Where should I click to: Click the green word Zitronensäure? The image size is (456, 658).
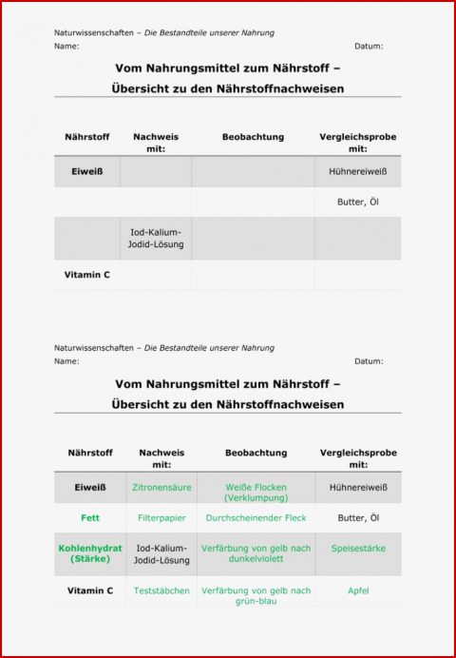coord(161,488)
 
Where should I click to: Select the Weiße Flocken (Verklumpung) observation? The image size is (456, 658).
coord(256,493)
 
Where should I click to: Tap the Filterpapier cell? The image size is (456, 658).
coord(161,518)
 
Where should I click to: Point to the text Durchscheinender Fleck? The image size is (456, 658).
coord(256,518)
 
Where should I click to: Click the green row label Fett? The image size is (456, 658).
coord(90,518)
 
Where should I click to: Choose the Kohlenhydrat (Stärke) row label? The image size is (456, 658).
coord(90,553)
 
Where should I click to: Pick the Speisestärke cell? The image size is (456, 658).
coord(358,549)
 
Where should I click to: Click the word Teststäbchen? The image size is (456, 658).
coord(161,590)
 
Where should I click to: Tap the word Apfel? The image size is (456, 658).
coord(358,590)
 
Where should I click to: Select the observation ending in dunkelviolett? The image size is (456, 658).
coord(256,553)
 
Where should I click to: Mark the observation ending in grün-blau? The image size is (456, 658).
coord(256,595)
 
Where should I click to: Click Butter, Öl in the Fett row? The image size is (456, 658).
coord(358,518)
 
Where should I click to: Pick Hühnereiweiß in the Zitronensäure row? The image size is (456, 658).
coord(358,488)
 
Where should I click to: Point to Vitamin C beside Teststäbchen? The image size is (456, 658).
coord(90,590)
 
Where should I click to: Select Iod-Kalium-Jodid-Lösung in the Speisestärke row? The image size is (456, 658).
coord(161,553)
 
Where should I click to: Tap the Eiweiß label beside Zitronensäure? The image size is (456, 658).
coord(90,488)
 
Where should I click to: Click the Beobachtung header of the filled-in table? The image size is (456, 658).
coord(256,453)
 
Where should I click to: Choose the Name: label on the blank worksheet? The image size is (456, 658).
coord(66,46)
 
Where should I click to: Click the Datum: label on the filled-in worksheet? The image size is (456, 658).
coord(369,361)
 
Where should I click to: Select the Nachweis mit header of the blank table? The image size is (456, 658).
coord(156,143)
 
